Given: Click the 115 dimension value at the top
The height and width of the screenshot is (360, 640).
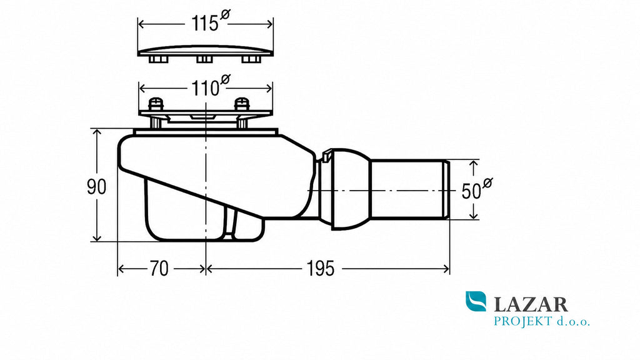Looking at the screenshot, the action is (x=205, y=24).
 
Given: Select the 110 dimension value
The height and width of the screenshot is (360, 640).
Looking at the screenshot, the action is (x=205, y=88).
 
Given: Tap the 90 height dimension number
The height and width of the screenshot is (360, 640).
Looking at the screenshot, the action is (x=97, y=187).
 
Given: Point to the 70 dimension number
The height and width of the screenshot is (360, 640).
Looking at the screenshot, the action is (x=159, y=269).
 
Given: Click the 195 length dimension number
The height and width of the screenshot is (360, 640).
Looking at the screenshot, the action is (x=321, y=269).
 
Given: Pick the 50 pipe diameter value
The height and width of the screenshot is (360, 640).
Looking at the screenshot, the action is (x=471, y=191).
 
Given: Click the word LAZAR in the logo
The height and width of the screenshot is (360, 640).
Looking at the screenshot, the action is (x=531, y=304).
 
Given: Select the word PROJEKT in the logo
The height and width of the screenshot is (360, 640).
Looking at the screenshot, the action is (x=523, y=321).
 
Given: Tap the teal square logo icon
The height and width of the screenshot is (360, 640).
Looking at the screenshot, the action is (x=476, y=301).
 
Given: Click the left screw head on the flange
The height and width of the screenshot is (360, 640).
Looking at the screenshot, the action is (x=156, y=104).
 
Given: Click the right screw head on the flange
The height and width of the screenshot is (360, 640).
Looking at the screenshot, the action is (x=242, y=104).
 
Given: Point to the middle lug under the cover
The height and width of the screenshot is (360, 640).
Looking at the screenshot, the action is (x=204, y=59).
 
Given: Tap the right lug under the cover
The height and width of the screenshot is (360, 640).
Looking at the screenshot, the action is (x=251, y=59).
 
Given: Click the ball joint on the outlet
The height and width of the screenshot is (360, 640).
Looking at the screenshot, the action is (x=351, y=189).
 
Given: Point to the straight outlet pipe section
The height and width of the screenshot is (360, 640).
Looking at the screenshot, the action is (x=409, y=190).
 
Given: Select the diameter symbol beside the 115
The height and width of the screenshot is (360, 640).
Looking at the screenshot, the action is (x=225, y=15).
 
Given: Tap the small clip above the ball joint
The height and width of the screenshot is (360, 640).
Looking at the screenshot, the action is (x=326, y=157).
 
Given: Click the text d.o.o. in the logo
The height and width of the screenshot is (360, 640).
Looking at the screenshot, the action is (x=573, y=322).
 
